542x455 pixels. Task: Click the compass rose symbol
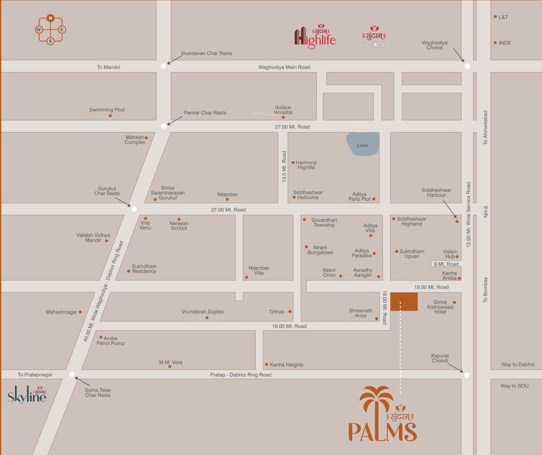(x=50, y=29)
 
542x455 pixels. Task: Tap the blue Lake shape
(x=362, y=144)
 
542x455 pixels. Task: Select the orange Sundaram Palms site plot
(x=403, y=302)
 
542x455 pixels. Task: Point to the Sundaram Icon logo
(x=374, y=37)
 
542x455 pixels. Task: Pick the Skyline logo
(x=27, y=395)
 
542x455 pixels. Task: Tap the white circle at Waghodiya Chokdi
(x=467, y=66)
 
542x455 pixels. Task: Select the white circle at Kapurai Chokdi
(x=467, y=375)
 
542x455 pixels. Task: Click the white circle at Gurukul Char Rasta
(x=134, y=209)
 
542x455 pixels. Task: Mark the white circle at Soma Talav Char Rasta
(x=72, y=374)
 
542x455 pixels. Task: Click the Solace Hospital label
(x=283, y=110)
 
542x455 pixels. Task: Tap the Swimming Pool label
(x=107, y=110)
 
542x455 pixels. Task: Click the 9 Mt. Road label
(x=446, y=264)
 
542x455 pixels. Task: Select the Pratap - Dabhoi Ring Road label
(x=241, y=374)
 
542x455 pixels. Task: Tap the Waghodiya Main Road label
(x=284, y=68)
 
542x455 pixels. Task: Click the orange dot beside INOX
(x=495, y=43)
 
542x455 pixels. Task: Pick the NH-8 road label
(x=485, y=210)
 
